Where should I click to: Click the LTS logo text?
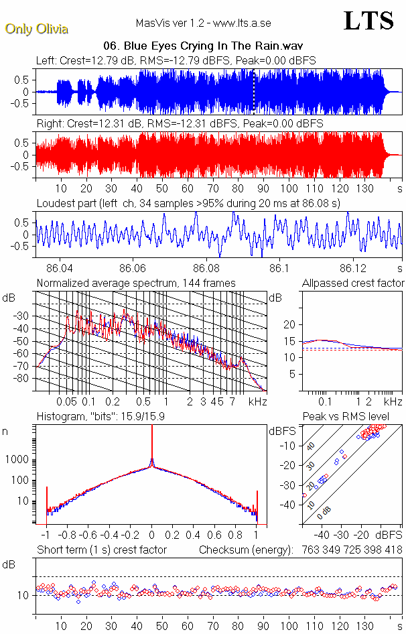coord(368,21)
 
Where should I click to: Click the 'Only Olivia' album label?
coord(36,29)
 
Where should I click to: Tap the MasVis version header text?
coord(203,23)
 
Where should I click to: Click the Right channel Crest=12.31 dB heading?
coord(180,124)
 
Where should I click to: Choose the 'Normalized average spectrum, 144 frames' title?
coord(135,283)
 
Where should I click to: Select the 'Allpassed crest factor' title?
coord(353,283)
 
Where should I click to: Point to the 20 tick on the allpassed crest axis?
coord(289,324)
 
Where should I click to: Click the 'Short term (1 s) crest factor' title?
coord(101,550)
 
